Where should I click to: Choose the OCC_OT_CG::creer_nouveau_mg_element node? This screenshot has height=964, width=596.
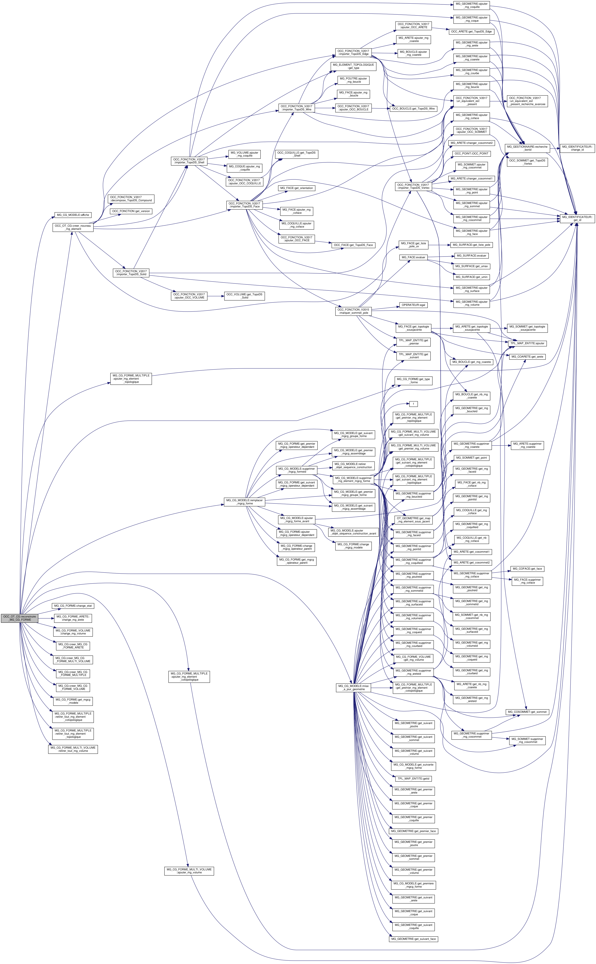[73, 227]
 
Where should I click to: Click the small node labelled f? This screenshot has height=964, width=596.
[413, 404]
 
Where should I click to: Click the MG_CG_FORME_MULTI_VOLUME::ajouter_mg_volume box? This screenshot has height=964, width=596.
[189, 871]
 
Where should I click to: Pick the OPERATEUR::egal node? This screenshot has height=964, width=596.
[413, 305]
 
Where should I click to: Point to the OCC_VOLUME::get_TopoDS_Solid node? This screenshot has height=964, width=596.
[244, 296]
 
